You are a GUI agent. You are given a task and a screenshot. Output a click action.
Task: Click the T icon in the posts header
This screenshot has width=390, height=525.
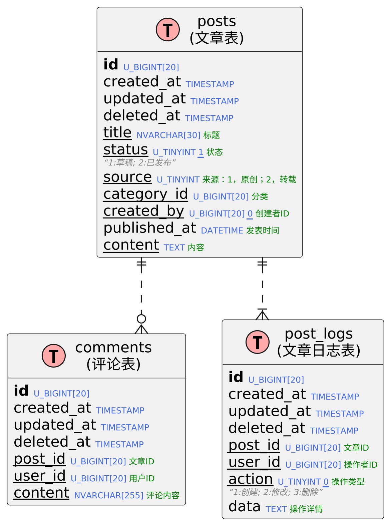pos(168,30)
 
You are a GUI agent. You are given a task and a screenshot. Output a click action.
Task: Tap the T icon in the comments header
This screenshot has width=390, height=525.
pos(54,356)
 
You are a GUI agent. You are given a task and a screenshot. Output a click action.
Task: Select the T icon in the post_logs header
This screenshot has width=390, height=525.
pos(258,342)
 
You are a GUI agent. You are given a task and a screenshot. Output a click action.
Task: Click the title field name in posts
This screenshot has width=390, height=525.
pos(117,133)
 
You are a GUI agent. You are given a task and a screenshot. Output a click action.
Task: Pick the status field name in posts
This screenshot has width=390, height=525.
pos(125,150)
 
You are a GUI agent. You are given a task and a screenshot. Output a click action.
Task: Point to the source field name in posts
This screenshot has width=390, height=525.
pos(127,177)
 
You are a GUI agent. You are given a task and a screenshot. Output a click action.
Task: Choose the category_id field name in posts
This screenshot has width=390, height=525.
pos(145,194)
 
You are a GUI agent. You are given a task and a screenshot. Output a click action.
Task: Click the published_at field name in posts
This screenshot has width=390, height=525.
pos(150,228)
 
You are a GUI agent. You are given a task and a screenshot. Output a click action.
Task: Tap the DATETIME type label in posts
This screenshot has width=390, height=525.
pos(222,230)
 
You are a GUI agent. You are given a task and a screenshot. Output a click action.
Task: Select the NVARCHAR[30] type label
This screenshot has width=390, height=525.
pos(168,135)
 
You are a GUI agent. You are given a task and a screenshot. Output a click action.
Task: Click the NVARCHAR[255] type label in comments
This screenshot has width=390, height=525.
pos(109,495)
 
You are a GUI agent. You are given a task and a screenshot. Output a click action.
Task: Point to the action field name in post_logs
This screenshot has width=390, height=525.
pos(251,479)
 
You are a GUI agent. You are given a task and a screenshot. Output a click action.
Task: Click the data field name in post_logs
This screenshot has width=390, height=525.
pos(245,507)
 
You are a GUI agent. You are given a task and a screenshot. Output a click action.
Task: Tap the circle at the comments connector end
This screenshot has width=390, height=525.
pos(141,319)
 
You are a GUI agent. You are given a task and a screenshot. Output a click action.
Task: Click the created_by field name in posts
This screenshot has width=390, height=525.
pos(143,211)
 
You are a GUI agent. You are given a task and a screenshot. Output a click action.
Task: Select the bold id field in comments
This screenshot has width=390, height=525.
pos(21,391)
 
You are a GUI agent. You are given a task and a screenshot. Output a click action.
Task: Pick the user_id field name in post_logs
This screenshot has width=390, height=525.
pos(254,462)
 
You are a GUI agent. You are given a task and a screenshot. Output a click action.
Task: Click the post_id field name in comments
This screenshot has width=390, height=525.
pos(39,459)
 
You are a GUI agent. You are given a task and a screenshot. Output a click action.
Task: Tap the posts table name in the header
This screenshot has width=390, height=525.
pos(217,22)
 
